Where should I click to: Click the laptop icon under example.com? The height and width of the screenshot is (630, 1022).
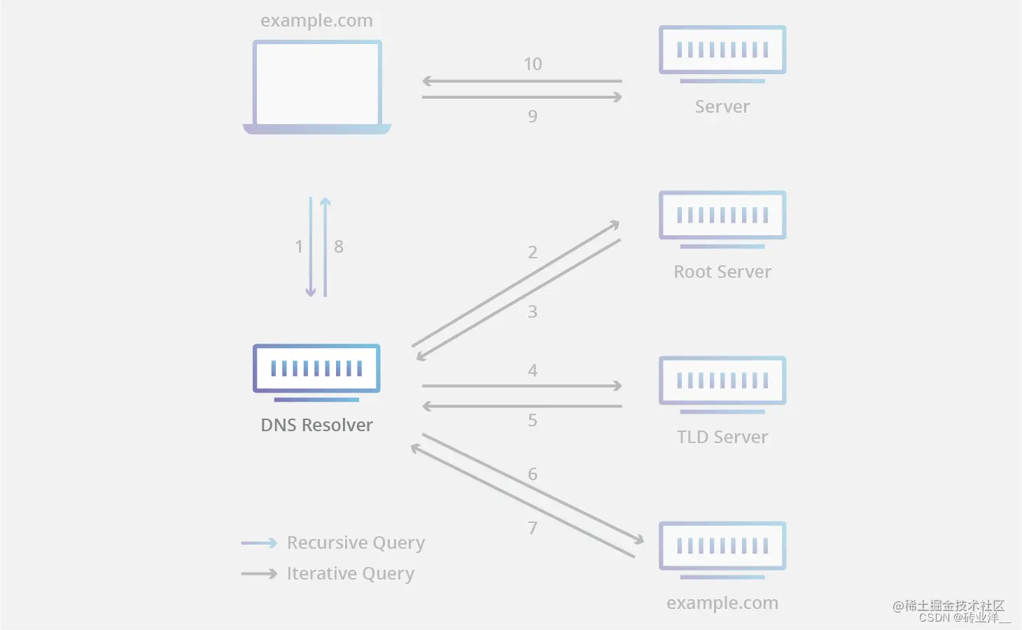316,86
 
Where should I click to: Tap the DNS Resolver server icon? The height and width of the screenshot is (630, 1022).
316,370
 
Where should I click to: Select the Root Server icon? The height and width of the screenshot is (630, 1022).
722,217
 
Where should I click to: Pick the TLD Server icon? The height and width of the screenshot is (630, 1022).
722,382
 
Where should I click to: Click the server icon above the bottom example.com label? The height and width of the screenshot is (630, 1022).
722,547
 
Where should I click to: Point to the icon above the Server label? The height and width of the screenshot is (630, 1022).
722,52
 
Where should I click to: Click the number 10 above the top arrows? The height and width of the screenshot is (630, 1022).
533,64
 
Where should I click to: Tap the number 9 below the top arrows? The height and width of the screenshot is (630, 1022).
533,116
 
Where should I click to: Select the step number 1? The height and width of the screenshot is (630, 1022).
299,246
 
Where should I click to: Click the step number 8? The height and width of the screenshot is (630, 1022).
339,246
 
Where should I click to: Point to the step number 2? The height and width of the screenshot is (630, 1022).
533,252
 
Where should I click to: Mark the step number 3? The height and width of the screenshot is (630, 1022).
533,311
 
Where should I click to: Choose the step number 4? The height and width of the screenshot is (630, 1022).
533,370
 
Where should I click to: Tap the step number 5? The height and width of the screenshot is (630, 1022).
533,420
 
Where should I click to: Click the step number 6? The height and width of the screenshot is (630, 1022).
533,474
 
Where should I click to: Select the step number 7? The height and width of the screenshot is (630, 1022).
533,527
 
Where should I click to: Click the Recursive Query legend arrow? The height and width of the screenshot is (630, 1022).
259,543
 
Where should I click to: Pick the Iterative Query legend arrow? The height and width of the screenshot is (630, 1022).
259,574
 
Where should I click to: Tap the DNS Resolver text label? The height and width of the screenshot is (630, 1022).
316,425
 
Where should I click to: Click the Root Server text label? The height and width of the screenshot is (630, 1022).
722,272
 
